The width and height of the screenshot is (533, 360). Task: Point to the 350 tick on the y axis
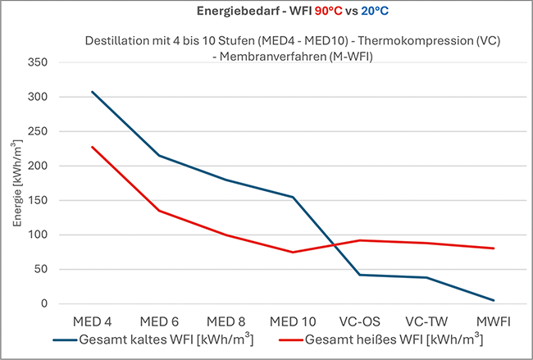38,62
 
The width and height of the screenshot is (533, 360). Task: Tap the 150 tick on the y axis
38,200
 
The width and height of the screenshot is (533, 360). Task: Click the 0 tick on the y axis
46,303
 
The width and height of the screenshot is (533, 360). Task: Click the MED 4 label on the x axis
92,320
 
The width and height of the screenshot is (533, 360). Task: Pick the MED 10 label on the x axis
293,320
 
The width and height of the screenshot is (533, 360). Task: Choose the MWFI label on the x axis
494,320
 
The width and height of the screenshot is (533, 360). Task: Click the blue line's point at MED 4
92,91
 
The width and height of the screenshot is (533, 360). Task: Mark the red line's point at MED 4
92,147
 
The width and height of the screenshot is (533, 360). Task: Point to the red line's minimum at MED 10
293,252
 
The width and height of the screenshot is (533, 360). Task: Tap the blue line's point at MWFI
494,300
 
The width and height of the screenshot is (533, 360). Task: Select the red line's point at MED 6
159,211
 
